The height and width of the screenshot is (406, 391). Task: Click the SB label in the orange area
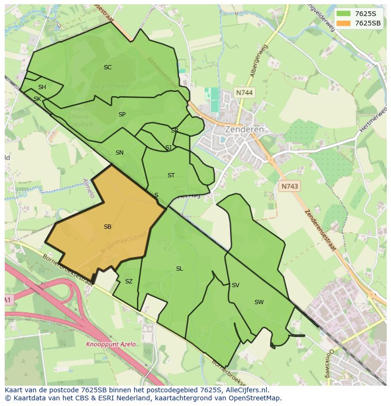coord(108,227)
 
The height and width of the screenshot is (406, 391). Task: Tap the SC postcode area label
coord(108,67)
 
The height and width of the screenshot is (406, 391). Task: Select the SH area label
coord(42,87)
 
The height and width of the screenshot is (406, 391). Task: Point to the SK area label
coord(37,99)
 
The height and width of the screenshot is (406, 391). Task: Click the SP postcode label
coord(122,115)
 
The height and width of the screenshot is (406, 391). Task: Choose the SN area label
coord(119,153)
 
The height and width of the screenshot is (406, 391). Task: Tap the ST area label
coord(171,175)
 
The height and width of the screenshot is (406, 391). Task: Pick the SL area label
coord(179,269)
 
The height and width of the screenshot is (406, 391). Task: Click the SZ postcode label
coord(129,282)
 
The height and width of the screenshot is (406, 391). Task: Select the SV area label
coord(235,285)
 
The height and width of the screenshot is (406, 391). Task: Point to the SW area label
coord(259,302)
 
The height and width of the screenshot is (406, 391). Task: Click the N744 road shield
coord(244,93)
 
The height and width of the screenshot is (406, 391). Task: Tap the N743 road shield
coord(289,186)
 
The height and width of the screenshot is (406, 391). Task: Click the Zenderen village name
coord(244,129)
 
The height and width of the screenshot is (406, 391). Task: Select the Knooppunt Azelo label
coord(111,344)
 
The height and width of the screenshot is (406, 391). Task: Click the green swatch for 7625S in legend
coord(343,14)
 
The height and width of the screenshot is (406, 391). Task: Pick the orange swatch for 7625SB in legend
coord(343,23)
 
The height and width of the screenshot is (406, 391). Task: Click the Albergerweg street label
coord(259,61)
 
